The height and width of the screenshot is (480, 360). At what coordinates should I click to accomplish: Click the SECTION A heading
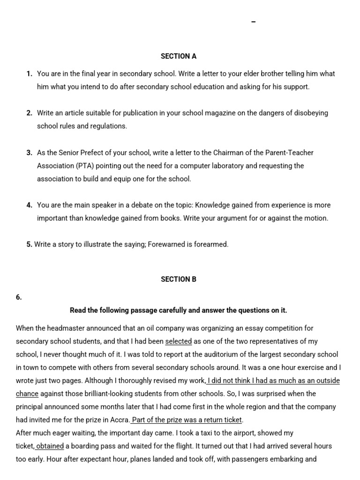coord(179,56)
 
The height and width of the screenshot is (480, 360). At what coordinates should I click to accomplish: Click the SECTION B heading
coord(179,279)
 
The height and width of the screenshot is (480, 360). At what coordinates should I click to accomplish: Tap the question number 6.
coord(19,297)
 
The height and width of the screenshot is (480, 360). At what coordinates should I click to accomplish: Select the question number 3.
coord(29,153)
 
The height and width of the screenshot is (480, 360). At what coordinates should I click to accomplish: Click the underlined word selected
coord(179,342)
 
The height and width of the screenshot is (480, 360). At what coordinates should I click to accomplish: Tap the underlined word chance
coord(27,394)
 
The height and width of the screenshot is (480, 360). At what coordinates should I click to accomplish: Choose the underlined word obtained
coord(50,447)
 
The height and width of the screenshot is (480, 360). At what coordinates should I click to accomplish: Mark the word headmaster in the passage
coord(68,329)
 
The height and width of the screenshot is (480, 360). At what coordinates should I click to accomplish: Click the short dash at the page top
coord(254,22)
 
